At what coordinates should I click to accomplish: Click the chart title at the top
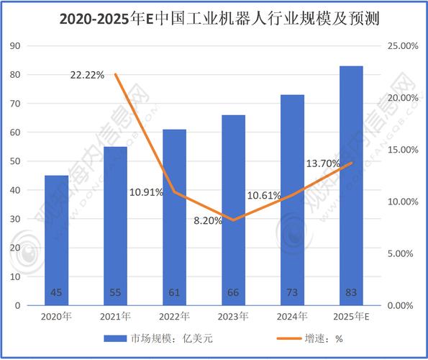click(214, 17)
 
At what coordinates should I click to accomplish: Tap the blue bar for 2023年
click(233, 210)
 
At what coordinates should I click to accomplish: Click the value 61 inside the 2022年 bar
click(174, 292)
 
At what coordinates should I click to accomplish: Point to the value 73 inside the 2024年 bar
click(292, 292)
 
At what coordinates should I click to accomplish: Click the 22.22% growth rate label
click(87, 75)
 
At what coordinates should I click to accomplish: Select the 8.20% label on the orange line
click(208, 220)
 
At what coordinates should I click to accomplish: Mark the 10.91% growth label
click(146, 193)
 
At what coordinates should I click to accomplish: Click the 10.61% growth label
click(264, 195)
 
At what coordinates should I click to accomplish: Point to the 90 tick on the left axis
click(15, 45)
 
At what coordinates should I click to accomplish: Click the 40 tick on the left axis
click(15, 190)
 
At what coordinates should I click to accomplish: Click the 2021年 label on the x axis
click(115, 317)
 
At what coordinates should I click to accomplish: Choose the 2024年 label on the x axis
click(292, 317)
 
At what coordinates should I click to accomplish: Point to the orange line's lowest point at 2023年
click(233, 220)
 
